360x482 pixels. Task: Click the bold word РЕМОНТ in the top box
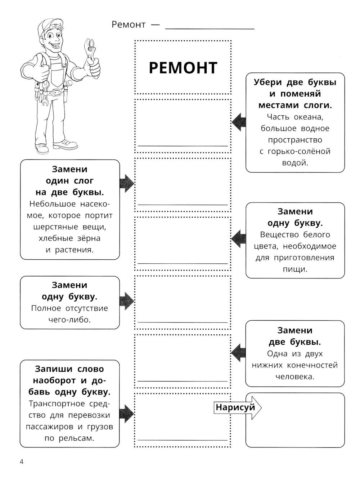pos(183,68)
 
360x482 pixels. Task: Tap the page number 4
pos(22,461)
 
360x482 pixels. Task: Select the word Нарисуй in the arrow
pos(235,407)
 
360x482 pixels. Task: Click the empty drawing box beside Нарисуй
pos(295,420)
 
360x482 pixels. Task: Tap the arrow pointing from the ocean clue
pos(238,122)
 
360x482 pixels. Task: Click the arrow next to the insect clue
pos(127,183)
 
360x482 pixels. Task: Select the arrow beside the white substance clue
pos(238,238)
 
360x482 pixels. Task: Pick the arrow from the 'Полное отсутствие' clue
pos(127,301)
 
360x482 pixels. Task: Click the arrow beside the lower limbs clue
pos(238,352)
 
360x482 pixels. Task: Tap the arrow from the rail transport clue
pos(127,414)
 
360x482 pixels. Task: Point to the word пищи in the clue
pos(295,269)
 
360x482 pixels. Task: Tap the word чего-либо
pos(69,320)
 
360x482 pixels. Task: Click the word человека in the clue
pos(295,377)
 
